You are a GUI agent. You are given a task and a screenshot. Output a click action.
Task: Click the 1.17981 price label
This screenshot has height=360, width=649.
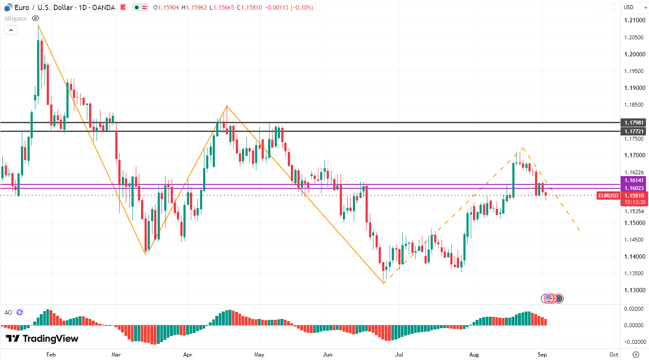634,123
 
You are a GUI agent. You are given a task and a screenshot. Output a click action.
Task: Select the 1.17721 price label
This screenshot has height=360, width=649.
634,132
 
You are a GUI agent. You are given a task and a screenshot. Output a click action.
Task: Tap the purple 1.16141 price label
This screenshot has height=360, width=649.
634,180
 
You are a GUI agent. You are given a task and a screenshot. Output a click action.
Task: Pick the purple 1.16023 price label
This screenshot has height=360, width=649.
634,188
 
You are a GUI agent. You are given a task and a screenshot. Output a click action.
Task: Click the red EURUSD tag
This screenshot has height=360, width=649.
608,196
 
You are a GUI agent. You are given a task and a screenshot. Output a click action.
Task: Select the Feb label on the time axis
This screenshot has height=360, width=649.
51,354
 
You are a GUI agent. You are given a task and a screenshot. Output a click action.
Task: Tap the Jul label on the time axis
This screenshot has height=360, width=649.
399,354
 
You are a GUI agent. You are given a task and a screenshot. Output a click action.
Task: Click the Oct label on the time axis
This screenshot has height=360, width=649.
614,354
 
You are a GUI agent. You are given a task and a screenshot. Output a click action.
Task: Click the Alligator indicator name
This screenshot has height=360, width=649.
16,18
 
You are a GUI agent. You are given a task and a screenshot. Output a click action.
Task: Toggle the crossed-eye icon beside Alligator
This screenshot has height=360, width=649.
35,18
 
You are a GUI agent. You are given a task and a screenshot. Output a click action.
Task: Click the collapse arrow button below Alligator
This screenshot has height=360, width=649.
11,30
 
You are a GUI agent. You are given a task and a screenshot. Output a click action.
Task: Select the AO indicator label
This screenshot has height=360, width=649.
8,312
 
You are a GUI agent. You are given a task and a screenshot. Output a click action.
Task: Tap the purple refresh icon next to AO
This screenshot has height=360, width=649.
20,312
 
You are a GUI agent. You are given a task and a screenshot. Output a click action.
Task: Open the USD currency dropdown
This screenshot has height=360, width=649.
634,7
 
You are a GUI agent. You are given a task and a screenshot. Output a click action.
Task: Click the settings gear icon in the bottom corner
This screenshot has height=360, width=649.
635,354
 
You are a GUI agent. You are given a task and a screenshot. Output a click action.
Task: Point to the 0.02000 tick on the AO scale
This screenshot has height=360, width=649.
634,309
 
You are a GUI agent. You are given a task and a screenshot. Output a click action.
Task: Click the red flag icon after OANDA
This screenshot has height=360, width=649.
123,7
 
